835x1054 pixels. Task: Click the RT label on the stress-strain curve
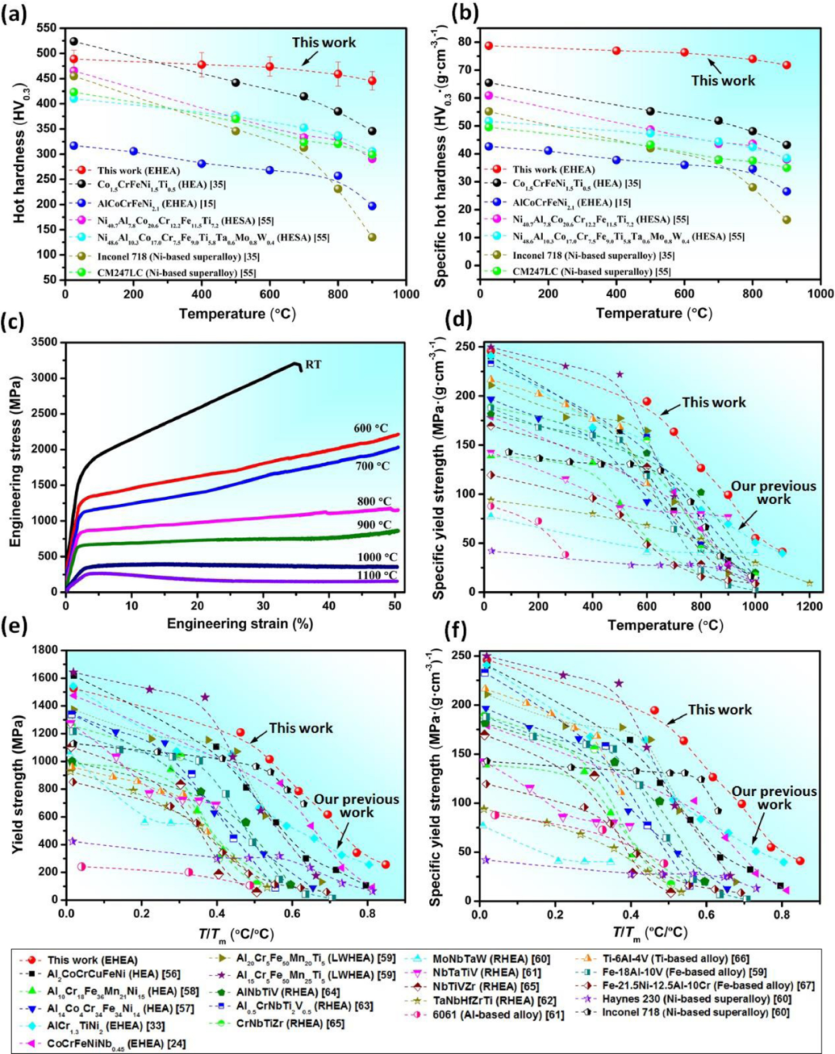coord(313,364)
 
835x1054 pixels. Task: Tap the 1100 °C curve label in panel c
coord(377,575)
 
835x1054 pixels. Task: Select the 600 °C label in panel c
coord(371,428)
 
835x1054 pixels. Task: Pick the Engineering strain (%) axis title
coord(240,624)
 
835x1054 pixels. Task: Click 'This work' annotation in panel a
coord(324,42)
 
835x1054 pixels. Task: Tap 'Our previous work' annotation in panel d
coord(773,492)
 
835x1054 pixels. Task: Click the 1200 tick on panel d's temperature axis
coord(809,607)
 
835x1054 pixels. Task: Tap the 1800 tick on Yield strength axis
coord(43,650)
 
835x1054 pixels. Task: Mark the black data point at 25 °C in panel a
coord(73,41)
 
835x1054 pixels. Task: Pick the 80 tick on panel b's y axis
coord(466,41)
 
